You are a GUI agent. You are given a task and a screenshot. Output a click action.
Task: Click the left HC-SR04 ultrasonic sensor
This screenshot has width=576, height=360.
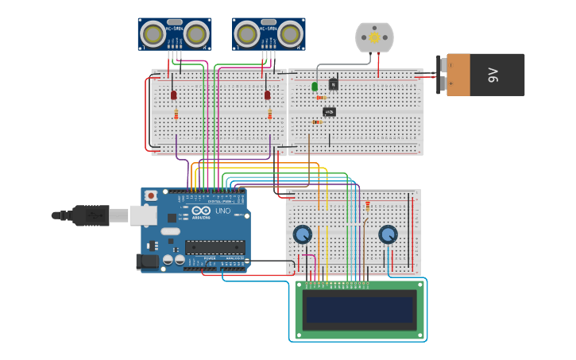point(174,34)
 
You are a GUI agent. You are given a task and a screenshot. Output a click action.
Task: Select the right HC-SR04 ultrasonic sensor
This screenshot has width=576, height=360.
point(269,34)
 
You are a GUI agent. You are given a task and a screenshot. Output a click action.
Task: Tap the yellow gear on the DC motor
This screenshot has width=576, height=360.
point(374,37)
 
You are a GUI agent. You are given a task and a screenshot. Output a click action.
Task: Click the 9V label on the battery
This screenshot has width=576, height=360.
point(493,75)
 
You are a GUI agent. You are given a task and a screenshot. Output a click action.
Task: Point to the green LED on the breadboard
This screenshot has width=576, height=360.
point(315,86)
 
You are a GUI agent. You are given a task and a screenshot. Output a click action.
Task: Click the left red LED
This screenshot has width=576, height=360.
point(173,95)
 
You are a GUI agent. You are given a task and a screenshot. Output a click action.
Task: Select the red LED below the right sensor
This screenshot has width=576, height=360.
point(267,95)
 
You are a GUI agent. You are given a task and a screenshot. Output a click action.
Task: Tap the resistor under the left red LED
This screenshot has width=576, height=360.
point(176,114)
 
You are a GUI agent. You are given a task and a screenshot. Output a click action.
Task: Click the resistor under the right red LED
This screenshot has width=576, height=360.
point(269,114)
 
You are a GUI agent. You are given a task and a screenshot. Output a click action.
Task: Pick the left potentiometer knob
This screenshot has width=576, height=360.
point(302,234)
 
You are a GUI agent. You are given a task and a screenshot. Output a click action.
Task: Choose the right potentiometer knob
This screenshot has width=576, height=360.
point(388,234)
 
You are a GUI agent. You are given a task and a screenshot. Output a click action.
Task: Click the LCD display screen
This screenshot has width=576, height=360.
point(360,309)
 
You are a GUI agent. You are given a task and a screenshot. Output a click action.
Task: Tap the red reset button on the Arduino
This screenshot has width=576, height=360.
point(151,195)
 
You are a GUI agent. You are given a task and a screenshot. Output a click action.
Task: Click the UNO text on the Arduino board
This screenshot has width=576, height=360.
point(222,211)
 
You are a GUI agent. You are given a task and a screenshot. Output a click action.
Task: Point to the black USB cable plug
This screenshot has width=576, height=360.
point(90,215)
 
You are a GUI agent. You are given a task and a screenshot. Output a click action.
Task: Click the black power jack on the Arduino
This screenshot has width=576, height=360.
point(147,261)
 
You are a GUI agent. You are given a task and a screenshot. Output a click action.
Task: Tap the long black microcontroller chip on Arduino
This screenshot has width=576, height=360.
point(215,247)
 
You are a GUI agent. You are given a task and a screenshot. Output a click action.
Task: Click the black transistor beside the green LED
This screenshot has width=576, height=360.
point(333,83)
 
